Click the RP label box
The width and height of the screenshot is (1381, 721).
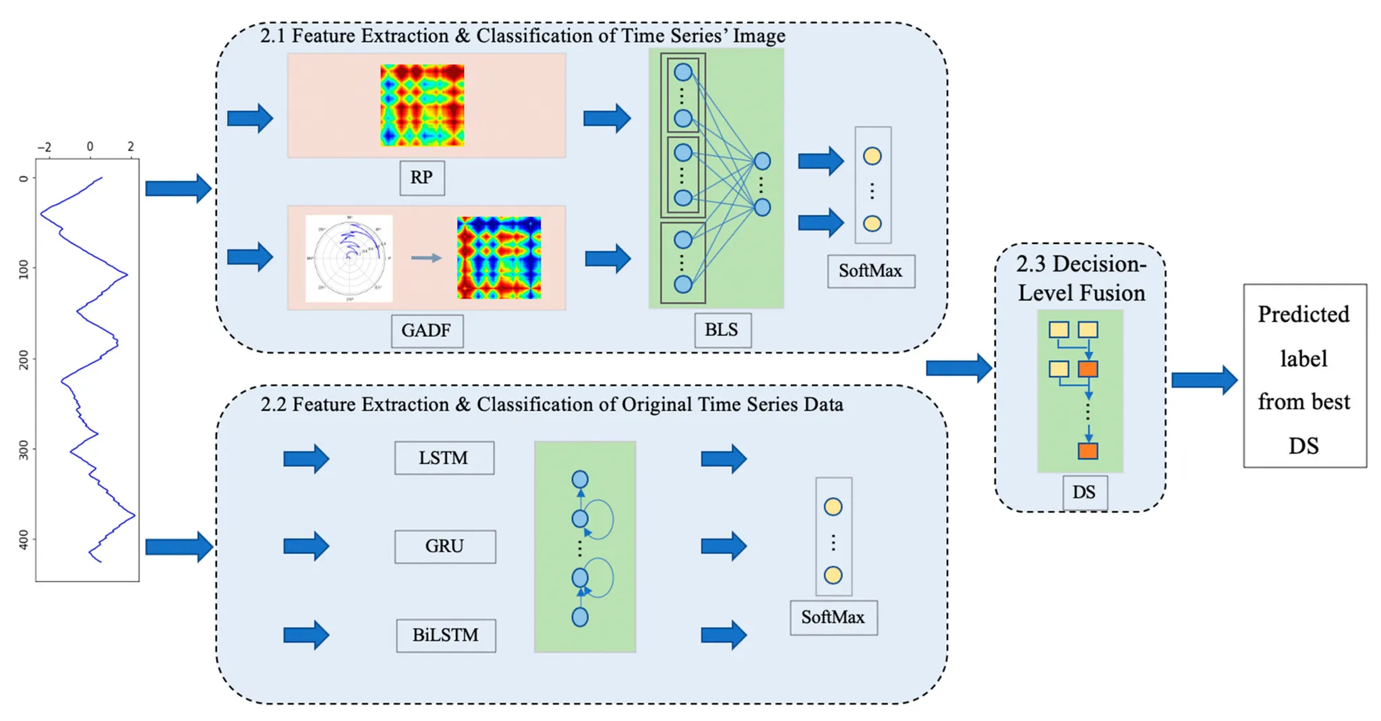(x=422, y=178)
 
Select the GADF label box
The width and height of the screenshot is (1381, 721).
(x=427, y=331)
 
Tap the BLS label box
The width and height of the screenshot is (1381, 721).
(x=722, y=330)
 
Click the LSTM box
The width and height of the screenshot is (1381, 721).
(x=444, y=458)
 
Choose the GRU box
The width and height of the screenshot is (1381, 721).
(x=445, y=546)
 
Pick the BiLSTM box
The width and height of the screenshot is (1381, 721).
(x=446, y=635)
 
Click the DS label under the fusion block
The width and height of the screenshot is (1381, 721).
(x=1084, y=492)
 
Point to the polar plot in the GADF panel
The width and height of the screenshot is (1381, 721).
(x=349, y=259)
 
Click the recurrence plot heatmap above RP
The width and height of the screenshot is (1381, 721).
(x=422, y=105)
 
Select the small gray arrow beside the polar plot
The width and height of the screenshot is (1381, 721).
(x=426, y=257)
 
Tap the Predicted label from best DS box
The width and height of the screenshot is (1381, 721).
(x=1304, y=376)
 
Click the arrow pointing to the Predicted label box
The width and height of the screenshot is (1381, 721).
(x=1204, y=380)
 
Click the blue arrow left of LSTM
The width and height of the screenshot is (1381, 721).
(x=306, y=459)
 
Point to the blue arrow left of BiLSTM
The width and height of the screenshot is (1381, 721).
(x=306, y=635)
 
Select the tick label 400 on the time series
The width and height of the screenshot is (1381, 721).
(x=24, y=540)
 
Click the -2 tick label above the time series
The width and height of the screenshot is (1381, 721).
(x=44, y=147)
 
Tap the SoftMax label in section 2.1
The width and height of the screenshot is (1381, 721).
(x=871, y=272)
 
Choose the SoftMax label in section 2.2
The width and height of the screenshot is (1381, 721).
(x=833, y=618)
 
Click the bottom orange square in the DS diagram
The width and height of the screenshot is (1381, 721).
(x=1088, y=451)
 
